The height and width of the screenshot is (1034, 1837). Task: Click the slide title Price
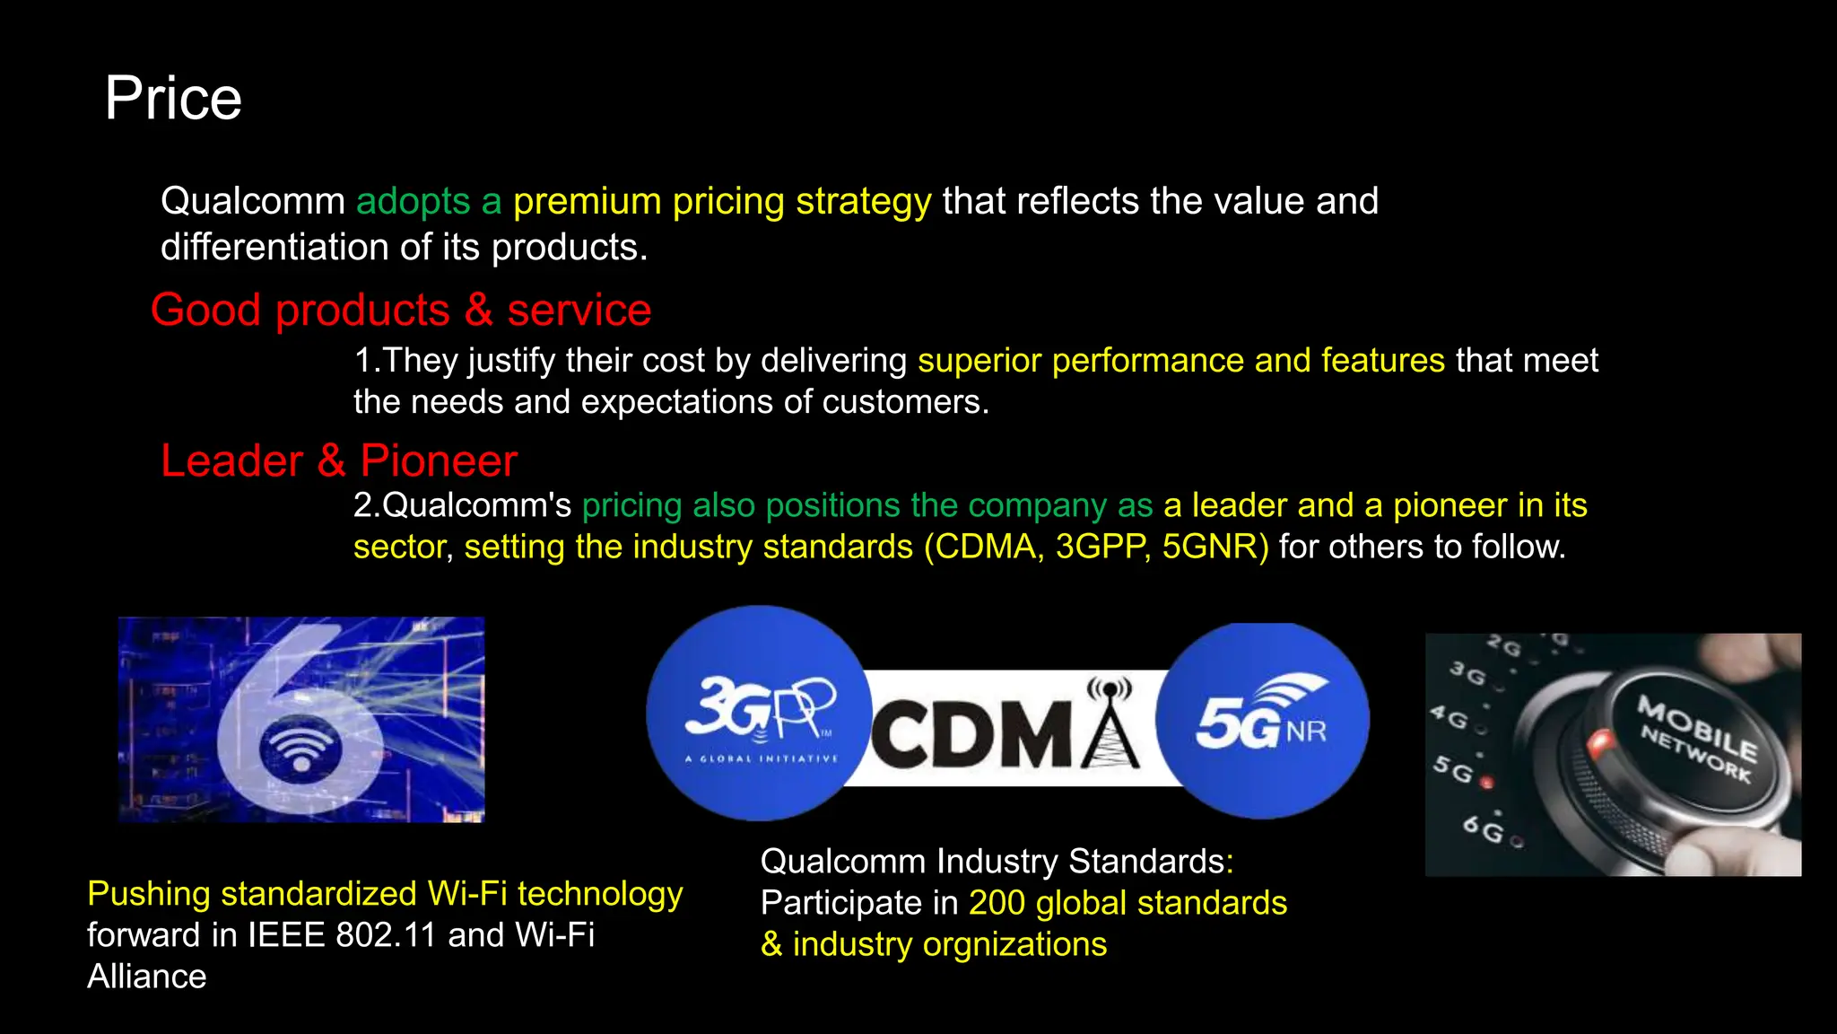tap(173, 98)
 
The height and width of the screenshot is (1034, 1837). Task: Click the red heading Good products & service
tap(400, 311)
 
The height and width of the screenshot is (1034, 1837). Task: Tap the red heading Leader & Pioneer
tap(338, 461)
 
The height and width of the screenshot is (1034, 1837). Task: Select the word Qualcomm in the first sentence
tap(252, 202)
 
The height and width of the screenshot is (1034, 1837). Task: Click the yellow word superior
tap(979, 361)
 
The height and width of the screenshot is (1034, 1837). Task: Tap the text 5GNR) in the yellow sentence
tap(1215, 548)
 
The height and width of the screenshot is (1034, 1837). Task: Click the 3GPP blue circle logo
tap(759, 714)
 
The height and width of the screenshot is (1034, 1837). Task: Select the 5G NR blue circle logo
tap(1262, 721)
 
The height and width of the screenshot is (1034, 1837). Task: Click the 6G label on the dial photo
tap(1483, 829)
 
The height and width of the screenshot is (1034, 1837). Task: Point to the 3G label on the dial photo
tap(1467, 672)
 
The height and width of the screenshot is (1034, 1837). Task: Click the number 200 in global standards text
tap(996, 903)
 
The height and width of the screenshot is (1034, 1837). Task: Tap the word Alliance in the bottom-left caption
tap(146, 977)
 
